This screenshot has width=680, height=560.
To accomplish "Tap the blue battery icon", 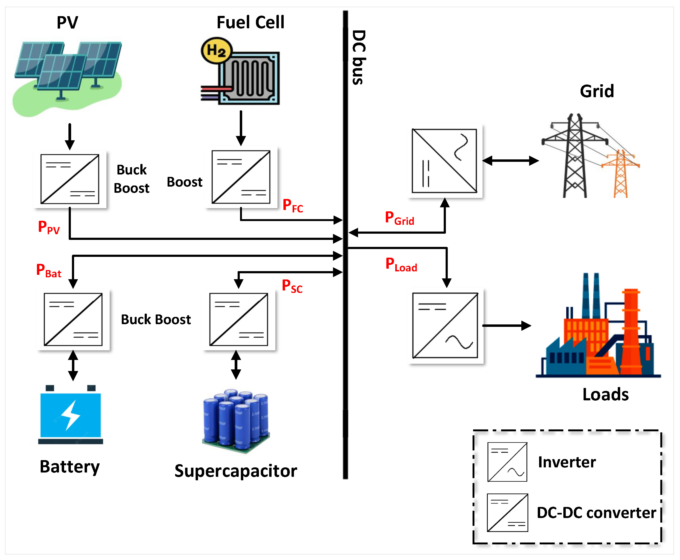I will tap(70, 415).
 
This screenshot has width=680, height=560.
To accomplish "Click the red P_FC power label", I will tap(292, 205).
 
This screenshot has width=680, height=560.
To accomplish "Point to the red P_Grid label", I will tap(399, 218).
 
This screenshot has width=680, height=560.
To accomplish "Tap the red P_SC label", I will tap(292, 286).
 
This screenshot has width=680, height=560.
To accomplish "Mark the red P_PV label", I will tap(48, 227).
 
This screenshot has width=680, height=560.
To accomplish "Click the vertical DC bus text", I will tap(359, 57).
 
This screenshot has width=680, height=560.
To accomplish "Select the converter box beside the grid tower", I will tap(445, 161).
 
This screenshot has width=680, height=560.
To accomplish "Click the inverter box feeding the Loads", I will tap(445, 325).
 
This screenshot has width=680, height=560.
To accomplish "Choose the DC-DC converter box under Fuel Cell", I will tap(241, 177).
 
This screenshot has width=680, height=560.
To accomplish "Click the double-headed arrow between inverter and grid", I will tap(510, 161).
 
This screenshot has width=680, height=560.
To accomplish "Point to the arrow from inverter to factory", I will tap(506, 325).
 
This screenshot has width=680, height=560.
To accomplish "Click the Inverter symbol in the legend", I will tap(507, 462).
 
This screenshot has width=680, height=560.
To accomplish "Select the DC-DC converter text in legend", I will tap(596, 513).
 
